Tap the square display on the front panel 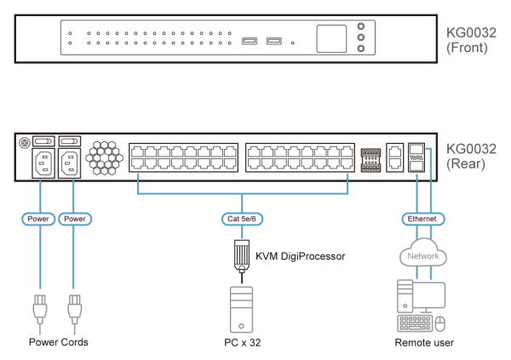332,39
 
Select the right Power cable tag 76,219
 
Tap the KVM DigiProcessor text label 296,255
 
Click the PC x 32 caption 242,343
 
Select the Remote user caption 423,343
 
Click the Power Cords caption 58,343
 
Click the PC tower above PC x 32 242,307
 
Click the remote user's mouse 439,324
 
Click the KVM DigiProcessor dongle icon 242,254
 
